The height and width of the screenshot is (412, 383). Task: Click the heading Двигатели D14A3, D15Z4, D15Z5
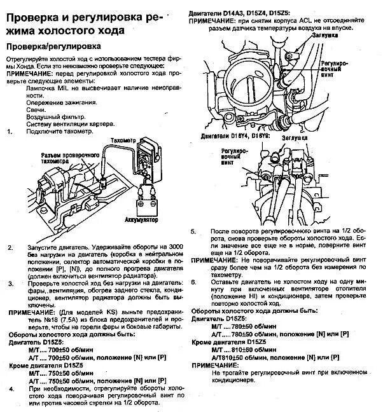(246, 13)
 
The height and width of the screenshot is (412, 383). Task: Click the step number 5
(194, 231)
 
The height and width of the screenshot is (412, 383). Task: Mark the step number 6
(194, 281)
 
